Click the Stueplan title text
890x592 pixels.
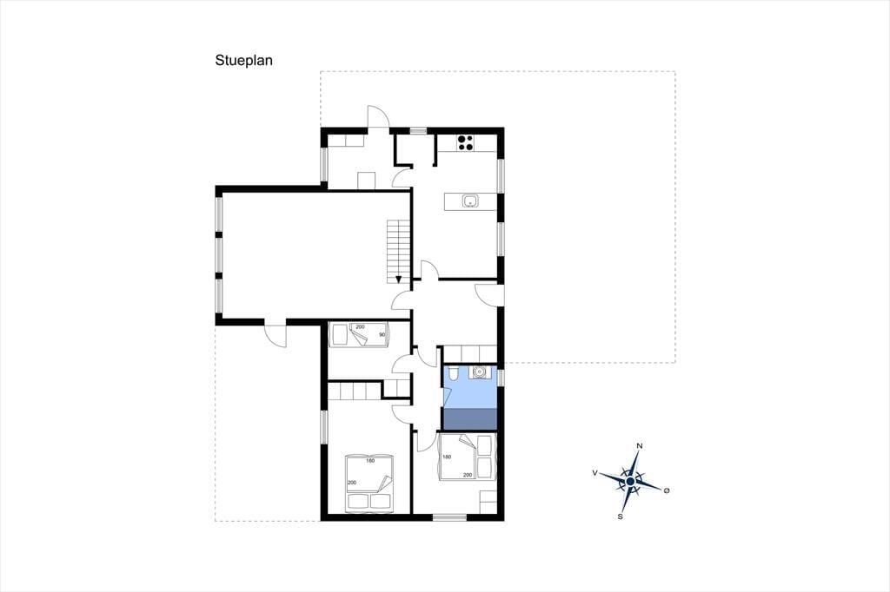point(243,61)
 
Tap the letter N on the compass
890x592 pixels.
point(640,445)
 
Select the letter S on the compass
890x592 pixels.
point(621,516)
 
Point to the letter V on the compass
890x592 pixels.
point(594,472)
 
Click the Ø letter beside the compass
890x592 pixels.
point(667,490)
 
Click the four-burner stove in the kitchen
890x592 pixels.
point(466,141)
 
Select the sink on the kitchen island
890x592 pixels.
point(470,201)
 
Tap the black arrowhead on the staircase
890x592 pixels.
point(398,279)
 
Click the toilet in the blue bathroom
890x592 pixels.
point(453,374)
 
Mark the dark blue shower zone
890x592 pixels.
point(469,419)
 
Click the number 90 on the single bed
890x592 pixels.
point(382,334)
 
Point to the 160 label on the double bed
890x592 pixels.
point(370,460)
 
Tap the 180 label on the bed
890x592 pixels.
point(447,457)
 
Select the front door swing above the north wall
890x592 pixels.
point(378,117)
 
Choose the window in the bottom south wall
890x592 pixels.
point(449,517)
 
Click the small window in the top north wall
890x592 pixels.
point(418,130)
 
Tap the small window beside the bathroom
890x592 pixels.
point(501,377)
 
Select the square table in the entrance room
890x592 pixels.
point(366,180)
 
